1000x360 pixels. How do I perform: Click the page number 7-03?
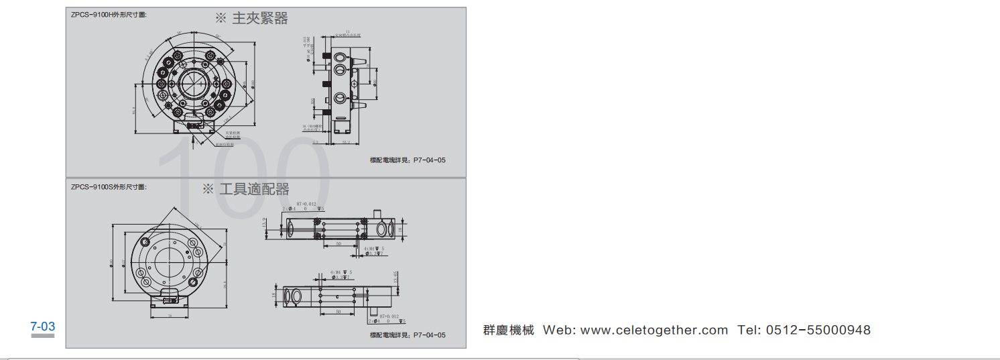coord(43,327)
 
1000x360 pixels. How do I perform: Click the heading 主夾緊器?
coord(260,19)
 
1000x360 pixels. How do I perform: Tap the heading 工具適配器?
coord(255,189)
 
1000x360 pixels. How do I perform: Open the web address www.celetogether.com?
coord(653,330)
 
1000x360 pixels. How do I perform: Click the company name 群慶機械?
coord(509,330)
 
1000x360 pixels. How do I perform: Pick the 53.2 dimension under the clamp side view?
coord(347,143)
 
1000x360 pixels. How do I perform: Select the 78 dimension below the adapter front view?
coord(170,315)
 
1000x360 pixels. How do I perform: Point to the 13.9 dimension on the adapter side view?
coord(264,223)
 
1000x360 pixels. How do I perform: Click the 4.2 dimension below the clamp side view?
coord(315,143)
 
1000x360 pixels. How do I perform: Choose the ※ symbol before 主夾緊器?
coord(221,19)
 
